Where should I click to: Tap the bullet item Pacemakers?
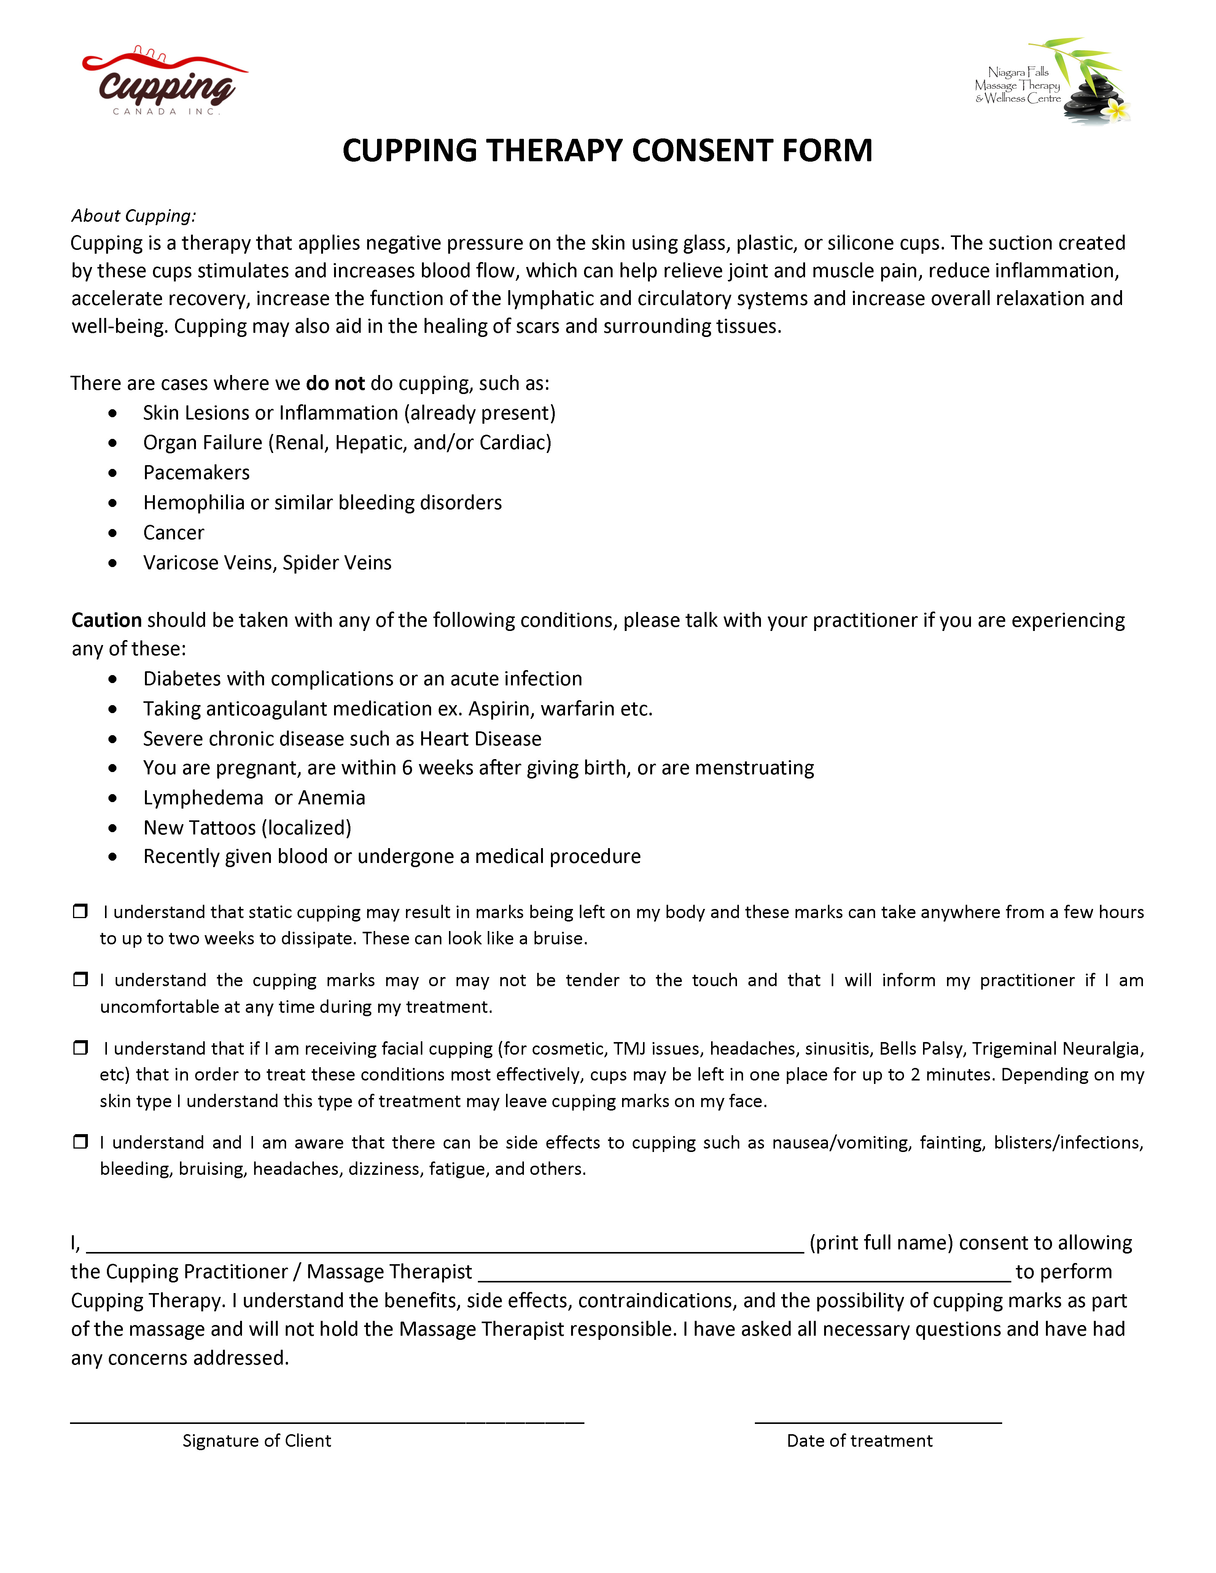196,472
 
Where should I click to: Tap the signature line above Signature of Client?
327,1421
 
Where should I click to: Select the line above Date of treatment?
878,1421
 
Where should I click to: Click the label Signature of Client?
256,1441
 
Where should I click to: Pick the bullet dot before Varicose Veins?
112,563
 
